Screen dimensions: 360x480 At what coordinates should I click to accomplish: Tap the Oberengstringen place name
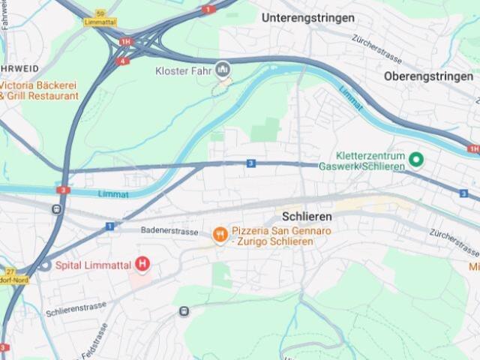coord(428,76)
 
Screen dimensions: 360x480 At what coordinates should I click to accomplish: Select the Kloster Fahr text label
coord(184,70)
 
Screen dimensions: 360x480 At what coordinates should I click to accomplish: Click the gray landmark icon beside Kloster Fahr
coord(222,70)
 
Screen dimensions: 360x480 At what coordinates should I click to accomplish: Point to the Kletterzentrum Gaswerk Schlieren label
coord(361,160)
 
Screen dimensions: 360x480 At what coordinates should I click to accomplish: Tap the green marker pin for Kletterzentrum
coord(416,160)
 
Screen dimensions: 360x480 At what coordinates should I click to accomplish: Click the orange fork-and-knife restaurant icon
coord(220,235)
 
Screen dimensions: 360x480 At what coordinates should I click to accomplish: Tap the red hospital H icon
coord(142,264)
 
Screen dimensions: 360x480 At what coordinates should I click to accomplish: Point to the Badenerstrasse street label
coord(169,231)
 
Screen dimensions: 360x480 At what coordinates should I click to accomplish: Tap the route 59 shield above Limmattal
coord(100,13)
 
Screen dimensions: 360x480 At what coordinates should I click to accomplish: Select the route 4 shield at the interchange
coord(123,61)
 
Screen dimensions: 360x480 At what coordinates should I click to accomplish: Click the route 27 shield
coord(10,271)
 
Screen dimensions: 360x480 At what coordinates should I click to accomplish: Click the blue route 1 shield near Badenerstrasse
coord(109,226)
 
